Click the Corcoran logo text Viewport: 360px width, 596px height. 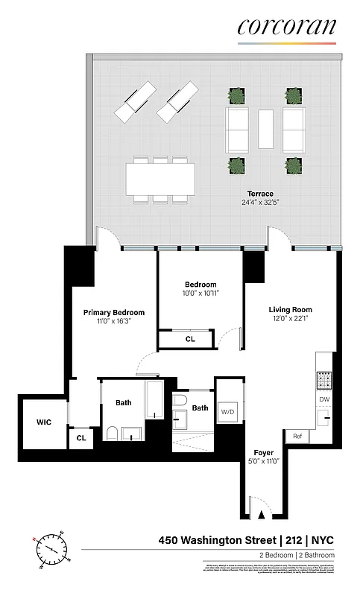point(286,27)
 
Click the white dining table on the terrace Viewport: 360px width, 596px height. point(160,179)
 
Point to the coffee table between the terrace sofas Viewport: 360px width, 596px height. point(266,129)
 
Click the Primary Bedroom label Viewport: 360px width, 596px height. point(113,313)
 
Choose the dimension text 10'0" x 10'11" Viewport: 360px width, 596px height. point(200,294)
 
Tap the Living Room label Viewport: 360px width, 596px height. point(290,310)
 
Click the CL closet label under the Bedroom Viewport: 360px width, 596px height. point(190,340)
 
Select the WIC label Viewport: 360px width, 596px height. point(44,422)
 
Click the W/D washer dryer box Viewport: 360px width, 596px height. point(226,411)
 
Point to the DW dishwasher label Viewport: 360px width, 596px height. point(324,399)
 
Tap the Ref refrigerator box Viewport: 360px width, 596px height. point(297,437)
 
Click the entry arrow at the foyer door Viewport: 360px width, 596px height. point(262,513)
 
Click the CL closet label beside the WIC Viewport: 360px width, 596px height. point(80,440)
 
